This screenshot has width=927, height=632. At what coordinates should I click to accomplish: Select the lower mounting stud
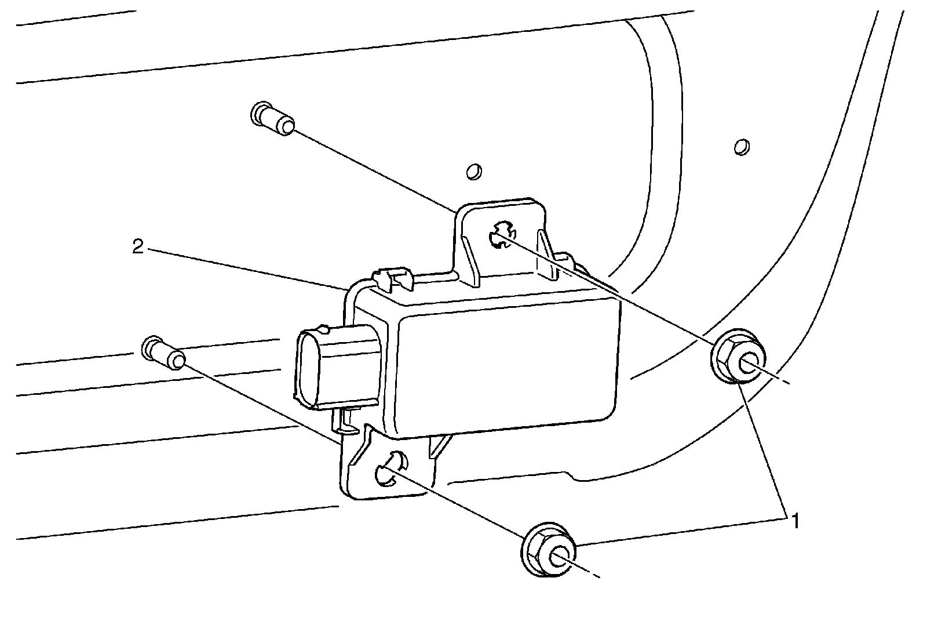click(163, 353)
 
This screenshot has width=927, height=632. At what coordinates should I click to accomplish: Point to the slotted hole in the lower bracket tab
click(391, 467)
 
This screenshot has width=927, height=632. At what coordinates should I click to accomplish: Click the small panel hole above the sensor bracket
click(474, 172)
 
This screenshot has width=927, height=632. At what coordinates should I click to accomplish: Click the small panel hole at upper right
click(740, 147)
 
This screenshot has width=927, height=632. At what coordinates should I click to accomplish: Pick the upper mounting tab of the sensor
click(502, 238)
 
